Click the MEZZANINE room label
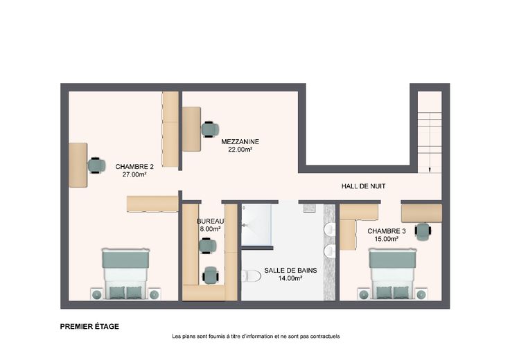tap(240, 142)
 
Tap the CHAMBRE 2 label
tap(134, 167)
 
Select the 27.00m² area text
tap(134, 174)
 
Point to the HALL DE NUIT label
tap(363, 186)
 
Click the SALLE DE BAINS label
tap(290, 270)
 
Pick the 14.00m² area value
tap(290, 278)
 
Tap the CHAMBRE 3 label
tap(387, 231)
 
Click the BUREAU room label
tap(211, 222)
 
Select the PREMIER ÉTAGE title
tap(89, 327)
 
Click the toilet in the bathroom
tap(252, 276)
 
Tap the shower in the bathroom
tap(256, 224)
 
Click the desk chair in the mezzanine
tap(210, 129)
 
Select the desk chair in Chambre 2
tap(96, 165)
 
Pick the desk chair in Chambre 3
tap(423, 231)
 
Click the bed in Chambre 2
tap(126, 274)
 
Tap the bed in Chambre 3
tap(392, 274)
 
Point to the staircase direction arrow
tap(430, 169)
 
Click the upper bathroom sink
tap(330, 229)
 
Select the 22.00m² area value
tap(240, 150)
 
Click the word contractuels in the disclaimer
tap(325, 336)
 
